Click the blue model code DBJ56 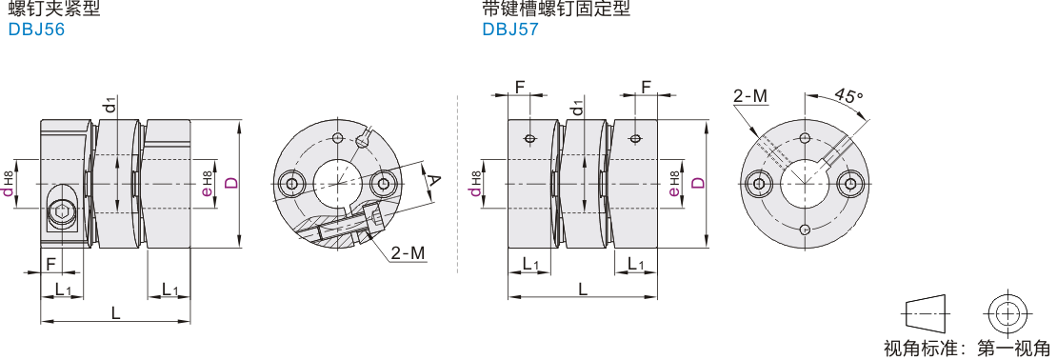(36, 30)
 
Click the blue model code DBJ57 (510, 30)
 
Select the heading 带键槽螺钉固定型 (556, 9)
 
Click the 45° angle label (848, 94)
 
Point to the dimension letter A (435, 180)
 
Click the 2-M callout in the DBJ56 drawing (409, 252)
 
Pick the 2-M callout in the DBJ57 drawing (750, 96)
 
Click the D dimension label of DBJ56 (230, 183)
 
